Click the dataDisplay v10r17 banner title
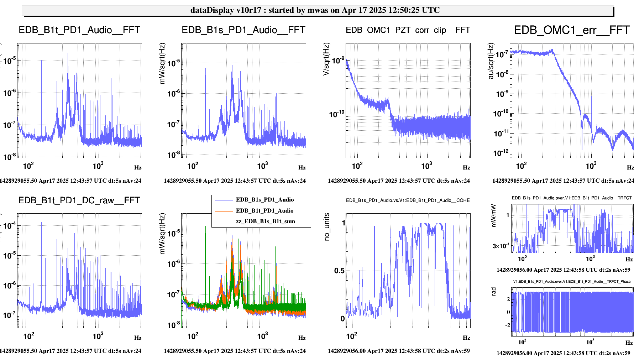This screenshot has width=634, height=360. pos(315,10)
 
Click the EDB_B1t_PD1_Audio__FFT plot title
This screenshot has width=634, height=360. pos(79,30)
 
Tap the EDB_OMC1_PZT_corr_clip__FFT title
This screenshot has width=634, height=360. pos(408,30)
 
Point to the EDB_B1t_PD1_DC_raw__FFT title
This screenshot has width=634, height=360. pos(79,200)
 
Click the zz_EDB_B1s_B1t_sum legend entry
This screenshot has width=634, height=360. pos(265,221)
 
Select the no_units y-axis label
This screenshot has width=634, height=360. pos(327,227)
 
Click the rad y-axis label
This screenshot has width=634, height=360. pos(493,291)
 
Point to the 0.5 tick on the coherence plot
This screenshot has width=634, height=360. pos(339,271)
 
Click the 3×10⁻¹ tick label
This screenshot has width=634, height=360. pos(501,246)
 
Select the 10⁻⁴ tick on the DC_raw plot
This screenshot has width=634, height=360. pos(10,226)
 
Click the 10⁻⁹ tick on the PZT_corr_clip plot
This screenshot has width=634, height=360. pos(338,60)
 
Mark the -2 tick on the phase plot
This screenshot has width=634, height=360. pos(508,325)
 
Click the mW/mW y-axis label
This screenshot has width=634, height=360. pos(493,215)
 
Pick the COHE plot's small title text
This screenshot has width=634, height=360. pos(408,200)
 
